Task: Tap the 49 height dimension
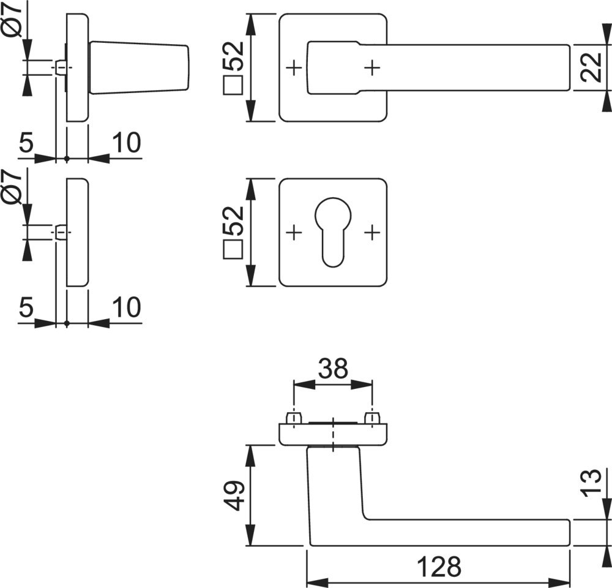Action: click(x=236, y=496)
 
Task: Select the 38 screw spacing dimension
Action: click(x=333, y=369)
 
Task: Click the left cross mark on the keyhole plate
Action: click(x=294, y=232)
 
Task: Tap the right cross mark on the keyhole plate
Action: click(x=372, y=232)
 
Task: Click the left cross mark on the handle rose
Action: click(x=294, y=67)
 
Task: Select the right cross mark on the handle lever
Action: click(x=372, y=67)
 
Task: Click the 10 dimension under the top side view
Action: click(x=126, y=143)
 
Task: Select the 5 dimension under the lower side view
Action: click(x=26, y=307)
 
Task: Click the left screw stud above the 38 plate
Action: click(x=294, y=418)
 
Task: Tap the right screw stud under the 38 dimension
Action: click(x=371, y=418)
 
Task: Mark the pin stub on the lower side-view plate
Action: click(x=61, y=233)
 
